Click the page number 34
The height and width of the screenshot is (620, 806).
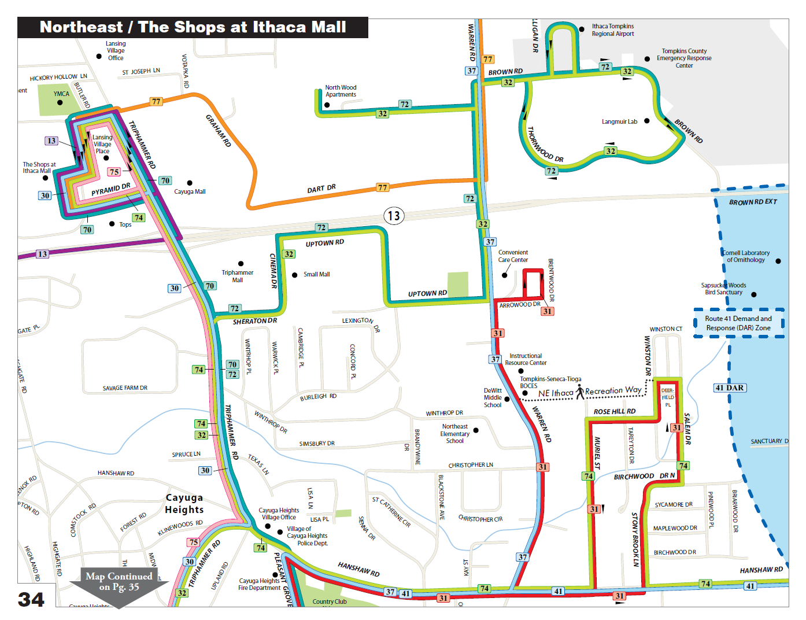[x=31, y=600]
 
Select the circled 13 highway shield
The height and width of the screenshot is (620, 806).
[x=394, y=216]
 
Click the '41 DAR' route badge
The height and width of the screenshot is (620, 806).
[x=730, y=387]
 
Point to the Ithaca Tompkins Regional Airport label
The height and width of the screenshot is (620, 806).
[x=613, y=30]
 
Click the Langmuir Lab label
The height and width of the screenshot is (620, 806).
[x=619, y=121]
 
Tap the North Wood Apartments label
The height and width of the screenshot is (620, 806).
[x=341, y=91]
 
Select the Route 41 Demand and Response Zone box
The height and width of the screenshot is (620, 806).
[x=738, y=323]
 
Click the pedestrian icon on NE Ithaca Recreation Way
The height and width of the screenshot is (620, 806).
[x=579, y=392]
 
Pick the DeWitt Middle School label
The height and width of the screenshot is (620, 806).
[x=493, y=398]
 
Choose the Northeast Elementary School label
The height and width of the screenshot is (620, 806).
[x=455, y=434]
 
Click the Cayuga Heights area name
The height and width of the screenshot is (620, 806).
[x=184, y=504]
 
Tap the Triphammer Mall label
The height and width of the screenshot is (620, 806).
[x=237, y=276]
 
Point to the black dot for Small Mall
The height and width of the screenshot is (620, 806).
[x=295, y=275]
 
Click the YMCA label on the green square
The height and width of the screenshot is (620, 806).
[x=61, y=94]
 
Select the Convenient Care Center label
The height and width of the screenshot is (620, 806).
[x=513, y=256]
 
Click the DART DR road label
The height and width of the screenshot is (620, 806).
[x=321, y=189]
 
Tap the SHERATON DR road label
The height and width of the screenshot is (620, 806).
[x=254, y=321]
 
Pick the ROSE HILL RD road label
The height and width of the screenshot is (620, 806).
[x=614, y=411]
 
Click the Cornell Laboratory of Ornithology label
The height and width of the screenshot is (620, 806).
[x=746, y=256]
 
